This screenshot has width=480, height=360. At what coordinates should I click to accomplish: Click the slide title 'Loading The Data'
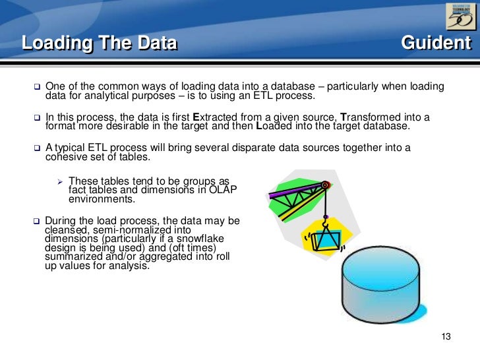coord(100,44)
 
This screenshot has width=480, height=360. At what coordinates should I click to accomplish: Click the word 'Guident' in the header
coord(436,44)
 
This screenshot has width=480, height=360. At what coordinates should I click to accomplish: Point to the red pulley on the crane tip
coord(324,187)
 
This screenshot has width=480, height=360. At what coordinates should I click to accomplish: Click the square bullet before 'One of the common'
coord(37,87)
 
